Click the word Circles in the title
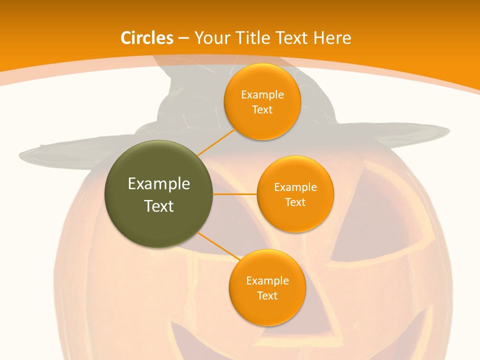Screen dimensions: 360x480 [147, 38]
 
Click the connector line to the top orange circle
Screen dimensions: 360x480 [216, 142]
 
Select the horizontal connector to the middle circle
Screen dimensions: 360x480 [235, 194]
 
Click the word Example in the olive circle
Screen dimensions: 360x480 [158, 183]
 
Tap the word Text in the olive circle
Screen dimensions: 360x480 [158, 206]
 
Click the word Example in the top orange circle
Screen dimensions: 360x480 [262, 94]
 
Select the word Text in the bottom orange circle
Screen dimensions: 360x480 [267, 295]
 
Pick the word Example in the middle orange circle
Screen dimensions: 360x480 [295, 187]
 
